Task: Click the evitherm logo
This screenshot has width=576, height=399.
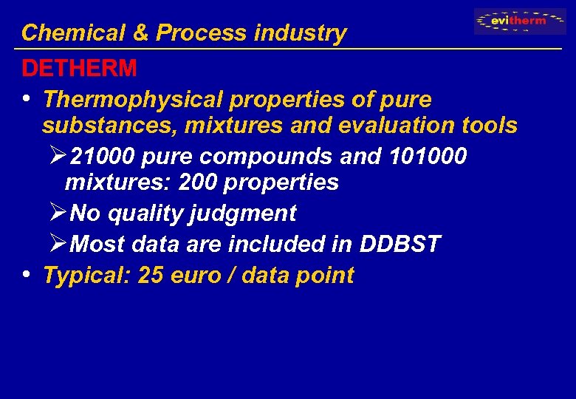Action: [x=520, y=21]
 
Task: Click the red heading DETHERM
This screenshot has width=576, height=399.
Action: [x=79, y=69]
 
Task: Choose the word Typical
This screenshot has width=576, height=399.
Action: [x=87, y=276]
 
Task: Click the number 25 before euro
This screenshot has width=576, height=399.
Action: [x=151, y=276]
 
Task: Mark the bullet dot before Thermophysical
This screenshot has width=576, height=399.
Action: [x=27, y=98]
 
